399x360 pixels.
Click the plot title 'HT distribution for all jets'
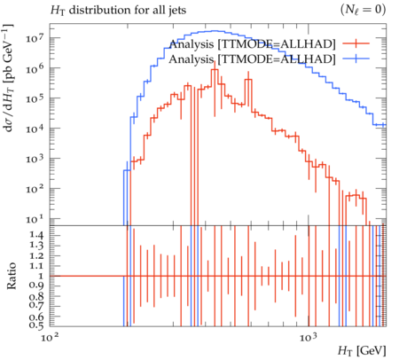(x=118, y=11)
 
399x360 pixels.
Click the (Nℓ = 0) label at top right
(x=363, y=10)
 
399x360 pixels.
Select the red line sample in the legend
(x=356, y=43)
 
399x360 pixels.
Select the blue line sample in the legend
(x=356, y=59)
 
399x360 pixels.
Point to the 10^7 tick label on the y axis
(x=35, y=38)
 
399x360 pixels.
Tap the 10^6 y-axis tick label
(x=35, y=68)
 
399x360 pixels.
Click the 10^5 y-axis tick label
(x=35, y=98)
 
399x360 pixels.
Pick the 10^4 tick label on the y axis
(x=35, y=129)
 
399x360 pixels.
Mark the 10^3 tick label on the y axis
(x=35, y=159)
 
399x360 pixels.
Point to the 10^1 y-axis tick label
(x=35, y=219)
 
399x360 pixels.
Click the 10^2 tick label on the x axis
(x=50, y=337)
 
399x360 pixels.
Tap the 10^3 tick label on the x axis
(x=309, y=337)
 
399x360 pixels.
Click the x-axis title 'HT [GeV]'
(x=362, y=351)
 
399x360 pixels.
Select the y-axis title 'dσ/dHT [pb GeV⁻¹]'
(x=8, y=78)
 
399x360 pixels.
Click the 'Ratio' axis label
(x=12, y=276)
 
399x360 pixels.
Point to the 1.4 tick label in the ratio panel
(x=36, y=235)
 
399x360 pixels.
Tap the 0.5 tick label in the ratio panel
(x=36, y=325)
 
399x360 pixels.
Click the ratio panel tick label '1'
(x=41, y=276)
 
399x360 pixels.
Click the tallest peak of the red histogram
(x=215, y=69)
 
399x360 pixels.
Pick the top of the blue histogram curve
(x=215, y=31)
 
